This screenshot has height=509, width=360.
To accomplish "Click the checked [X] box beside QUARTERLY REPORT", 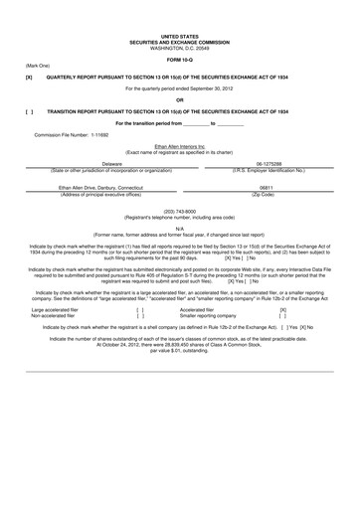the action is [x=29, y=76].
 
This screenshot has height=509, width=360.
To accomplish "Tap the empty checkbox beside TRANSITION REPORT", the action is [x=29, y=111].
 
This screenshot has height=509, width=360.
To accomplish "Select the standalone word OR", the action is [x=179, y=99].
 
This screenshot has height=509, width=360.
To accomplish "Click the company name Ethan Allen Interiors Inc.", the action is [x=179, y=145].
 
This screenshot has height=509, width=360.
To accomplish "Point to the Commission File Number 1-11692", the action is [x=72, y=134].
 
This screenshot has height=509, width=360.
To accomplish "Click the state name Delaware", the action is [x=111, y=164].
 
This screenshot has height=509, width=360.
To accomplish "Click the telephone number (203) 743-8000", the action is [x=179, y=211].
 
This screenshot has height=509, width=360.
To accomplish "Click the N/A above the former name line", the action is [x=179, y=228].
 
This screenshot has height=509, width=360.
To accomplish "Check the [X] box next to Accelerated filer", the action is [x=283, y=309].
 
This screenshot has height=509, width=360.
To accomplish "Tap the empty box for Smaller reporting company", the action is [x=283, y=315].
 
